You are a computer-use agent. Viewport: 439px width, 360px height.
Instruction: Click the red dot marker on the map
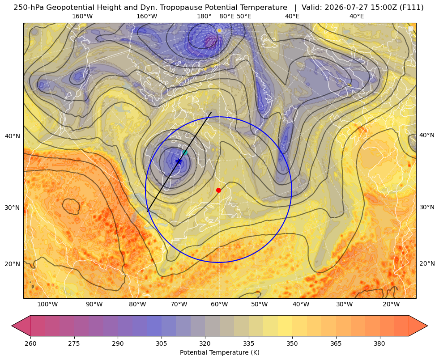[x=219, y=190]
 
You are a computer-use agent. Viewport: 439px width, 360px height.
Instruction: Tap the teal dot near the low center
[x=185, y=152]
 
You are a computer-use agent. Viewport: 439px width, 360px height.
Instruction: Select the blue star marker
[x=179, y=161]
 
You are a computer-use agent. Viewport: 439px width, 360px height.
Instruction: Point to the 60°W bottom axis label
[x=219, y=304]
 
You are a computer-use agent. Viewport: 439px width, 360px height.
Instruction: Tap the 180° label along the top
[x=204, y=16]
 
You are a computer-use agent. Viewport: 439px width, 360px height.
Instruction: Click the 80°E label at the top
[x=226, y=16]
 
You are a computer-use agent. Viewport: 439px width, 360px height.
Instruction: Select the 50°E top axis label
[x=244, y=16]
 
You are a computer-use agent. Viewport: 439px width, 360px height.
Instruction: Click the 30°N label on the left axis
[x=13, y=208]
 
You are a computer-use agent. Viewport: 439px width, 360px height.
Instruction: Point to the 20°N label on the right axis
[x=427, y=263]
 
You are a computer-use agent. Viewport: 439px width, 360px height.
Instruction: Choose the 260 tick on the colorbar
[x=30, y=343]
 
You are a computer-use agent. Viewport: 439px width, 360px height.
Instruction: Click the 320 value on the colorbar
[x=205, y=343]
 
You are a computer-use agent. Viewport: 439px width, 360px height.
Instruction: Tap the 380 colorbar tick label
[x=379, y=343]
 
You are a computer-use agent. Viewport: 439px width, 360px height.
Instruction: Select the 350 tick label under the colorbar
[x=292, y=343]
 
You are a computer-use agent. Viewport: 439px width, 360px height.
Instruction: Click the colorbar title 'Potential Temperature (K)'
[x=219, y=352]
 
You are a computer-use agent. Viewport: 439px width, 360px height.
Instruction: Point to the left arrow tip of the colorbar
[x=12, y=326]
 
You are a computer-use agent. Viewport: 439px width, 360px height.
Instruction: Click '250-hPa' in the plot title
[x=29, y=8]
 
